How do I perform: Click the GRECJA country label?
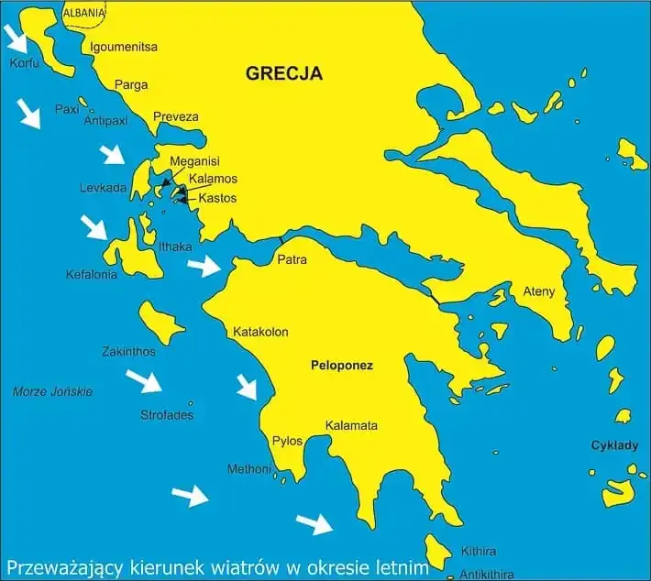(284, 74)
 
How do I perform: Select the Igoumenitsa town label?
(125, 47)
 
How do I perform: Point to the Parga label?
(131, 85)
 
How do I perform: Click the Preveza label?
(175, 116)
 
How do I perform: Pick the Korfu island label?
(24, 64)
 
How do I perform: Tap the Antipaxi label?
(105, 120)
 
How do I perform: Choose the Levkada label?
(103, 188)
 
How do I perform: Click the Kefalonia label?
(92, 274)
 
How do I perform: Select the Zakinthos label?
(129, 351)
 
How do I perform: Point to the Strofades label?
(167, 415)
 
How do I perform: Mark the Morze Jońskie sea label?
(53, 391)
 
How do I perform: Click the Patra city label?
(292, 260)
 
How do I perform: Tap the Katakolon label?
(261, 331)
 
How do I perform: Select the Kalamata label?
(351, 426)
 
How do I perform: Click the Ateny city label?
(539, 291)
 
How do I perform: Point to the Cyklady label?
(613, 445)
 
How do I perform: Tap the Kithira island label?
(479, 551)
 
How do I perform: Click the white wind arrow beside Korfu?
(17, 38)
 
